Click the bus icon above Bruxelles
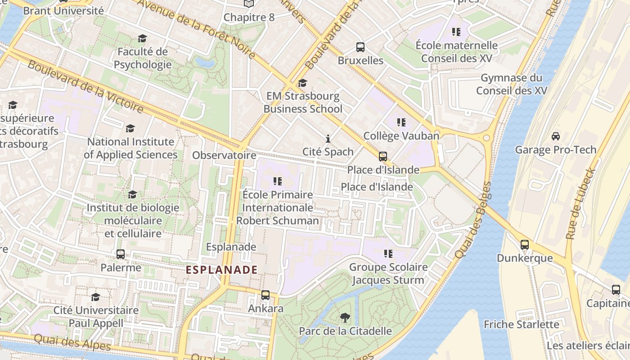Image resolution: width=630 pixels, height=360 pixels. (360, 47)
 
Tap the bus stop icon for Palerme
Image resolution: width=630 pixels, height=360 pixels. (120, 254)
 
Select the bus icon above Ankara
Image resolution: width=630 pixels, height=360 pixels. (265, 295)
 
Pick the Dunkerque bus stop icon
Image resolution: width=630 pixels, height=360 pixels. (525, 245)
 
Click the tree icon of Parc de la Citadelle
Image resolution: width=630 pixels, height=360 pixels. (345, 318)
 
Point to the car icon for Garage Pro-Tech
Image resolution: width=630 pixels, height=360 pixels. (556, 136)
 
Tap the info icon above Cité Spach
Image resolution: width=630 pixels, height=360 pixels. (328, 138)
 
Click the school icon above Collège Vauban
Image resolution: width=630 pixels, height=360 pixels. (401, 122)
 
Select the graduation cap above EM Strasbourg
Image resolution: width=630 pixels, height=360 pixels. (302, 83)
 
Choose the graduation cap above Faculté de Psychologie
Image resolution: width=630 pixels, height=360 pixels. (142, 39)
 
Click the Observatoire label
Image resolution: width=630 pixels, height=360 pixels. (224, 155)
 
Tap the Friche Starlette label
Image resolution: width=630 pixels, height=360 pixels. (521, 324)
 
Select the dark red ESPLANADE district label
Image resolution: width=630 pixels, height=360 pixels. (222, 270)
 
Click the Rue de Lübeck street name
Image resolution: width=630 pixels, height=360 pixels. (580, 203)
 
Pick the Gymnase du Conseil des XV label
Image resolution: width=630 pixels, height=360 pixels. (512, 84)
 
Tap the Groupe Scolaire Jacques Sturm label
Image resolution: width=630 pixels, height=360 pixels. (388, 274)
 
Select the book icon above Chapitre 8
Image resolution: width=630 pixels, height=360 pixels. (249, 4)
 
